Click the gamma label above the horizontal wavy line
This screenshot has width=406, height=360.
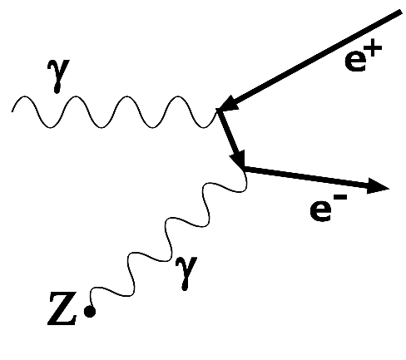pyautogui.click(x=57, y=76)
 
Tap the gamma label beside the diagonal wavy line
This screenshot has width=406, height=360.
pyautogui.click(x=186, y=274)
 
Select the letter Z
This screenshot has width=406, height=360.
pyautogui.click(x=62, y=308)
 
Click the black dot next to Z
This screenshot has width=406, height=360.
pyautogui.click(x=89, y=312)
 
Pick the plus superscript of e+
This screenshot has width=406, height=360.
pyautogui.click(x=374, y=49)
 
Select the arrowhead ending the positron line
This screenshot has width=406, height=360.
pyautogui.click(x=228, y=104)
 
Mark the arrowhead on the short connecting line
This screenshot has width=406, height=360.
pyautogui.click(x=238, y=159)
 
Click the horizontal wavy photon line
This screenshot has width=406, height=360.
pyautogui.click(x=114, y=112)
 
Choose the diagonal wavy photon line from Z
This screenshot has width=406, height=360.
pyautogui.click(x=169, y=240)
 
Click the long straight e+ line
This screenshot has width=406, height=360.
pyautogui.click(x=310, y=61)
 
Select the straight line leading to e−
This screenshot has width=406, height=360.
pyautogui.click(x=316, y=178)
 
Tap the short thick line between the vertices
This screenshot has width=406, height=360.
pyautogui.click(x=230, y=138)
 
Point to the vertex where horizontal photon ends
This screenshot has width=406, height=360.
pyautogui.click(x=218, y=111)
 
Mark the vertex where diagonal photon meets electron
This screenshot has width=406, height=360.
pyautogui.click(x=243, y=167)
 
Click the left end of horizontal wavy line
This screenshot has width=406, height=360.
pyautogui.click(x=12, y=111)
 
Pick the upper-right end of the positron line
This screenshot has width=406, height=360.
pyautogui.click(x=401, y=12)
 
